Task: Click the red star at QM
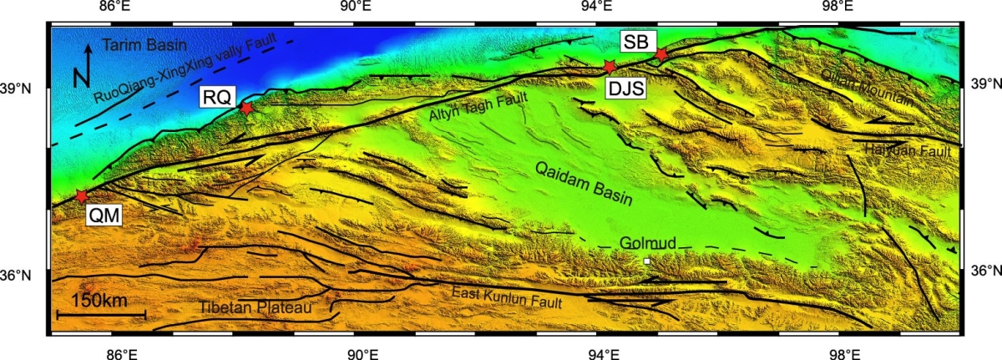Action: pos(81,195)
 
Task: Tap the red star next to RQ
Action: pos(246,107)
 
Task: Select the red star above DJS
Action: pos(610,65)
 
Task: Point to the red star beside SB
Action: pos(660,54)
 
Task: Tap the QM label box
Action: pos(105,216)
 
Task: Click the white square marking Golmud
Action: pos(646,261)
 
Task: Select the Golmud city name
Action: pos(648,243)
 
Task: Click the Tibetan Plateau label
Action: pos(256,308)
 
